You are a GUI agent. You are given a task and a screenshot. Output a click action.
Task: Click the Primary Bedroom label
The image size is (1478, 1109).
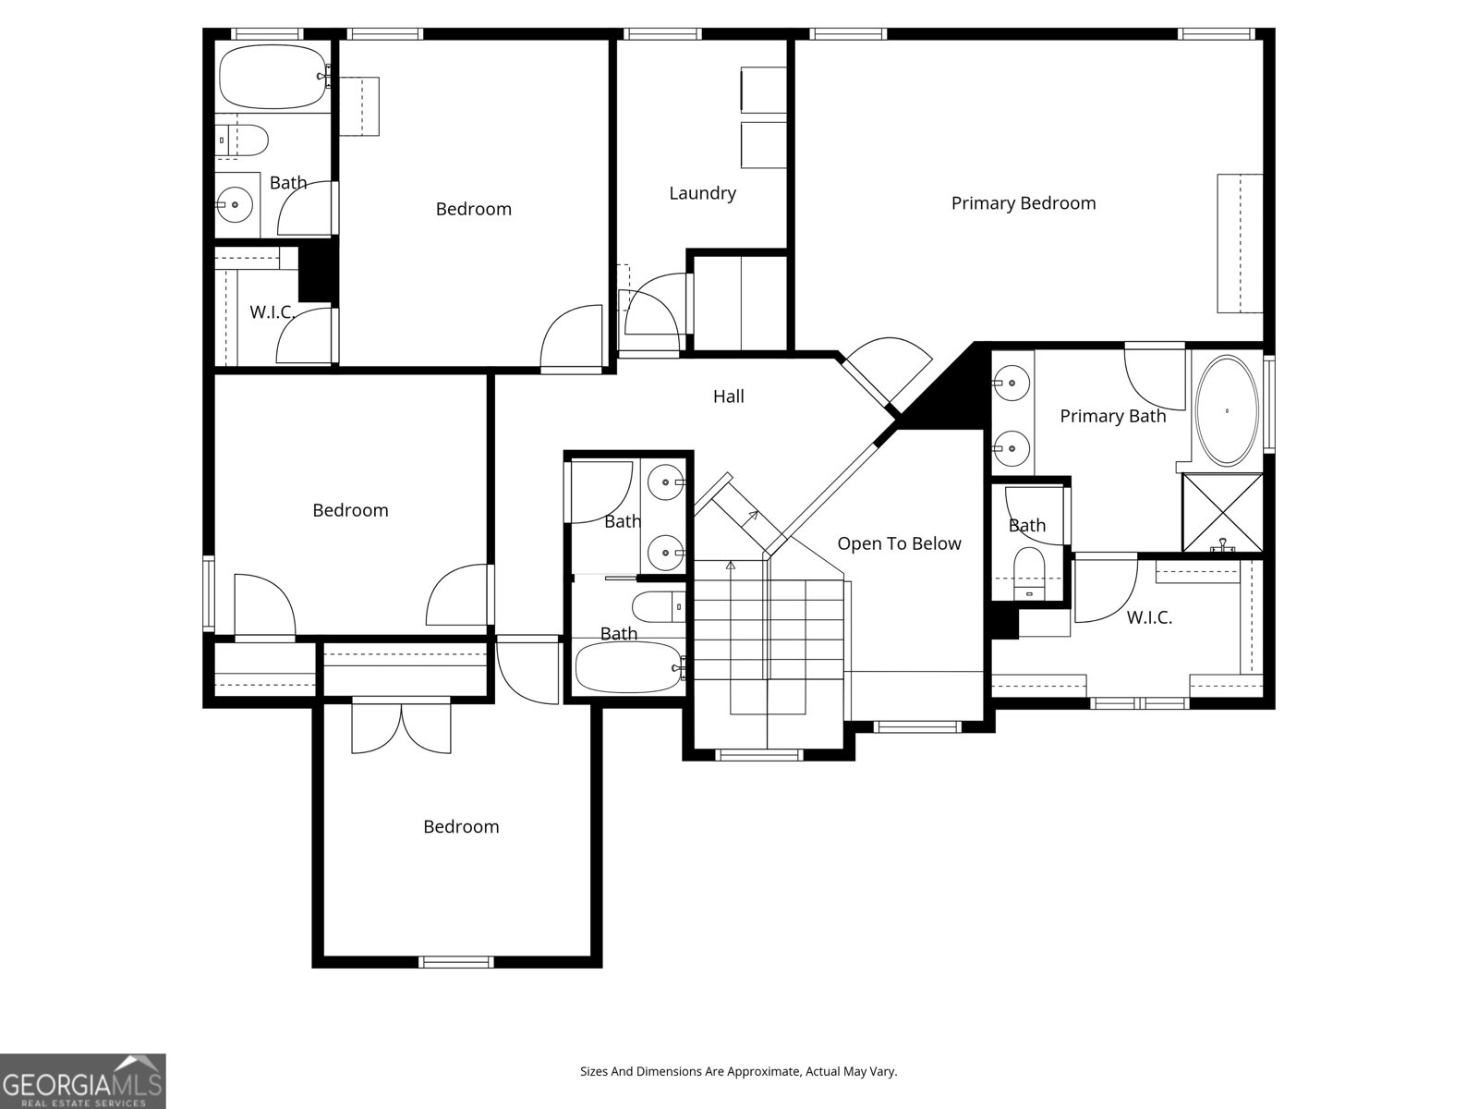click(1024, 203)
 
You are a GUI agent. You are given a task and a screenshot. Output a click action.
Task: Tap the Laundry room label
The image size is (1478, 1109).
click(702, 193)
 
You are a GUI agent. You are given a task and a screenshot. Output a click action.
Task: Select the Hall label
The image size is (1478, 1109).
click(728, 396)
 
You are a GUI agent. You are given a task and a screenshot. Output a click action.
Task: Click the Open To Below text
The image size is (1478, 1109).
click(899, 543)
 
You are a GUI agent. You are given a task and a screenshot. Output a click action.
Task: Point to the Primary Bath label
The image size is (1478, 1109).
click(1112, 416)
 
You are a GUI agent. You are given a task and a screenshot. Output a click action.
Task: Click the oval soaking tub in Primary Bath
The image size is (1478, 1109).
click(1227, 410)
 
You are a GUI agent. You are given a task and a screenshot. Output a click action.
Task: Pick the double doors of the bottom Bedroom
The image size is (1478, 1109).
click(401, 727)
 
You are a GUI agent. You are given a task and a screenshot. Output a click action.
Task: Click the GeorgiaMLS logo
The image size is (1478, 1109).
click(83, 1080)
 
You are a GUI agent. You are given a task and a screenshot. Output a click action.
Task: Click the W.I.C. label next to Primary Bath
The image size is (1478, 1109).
click(1149, 617)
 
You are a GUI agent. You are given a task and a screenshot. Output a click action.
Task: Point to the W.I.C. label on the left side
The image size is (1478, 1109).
click(272, 312)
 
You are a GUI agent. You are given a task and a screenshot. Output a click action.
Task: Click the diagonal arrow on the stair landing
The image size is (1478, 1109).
click(752, 517)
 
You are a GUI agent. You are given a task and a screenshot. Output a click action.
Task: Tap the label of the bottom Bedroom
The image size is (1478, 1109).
click(461, 826)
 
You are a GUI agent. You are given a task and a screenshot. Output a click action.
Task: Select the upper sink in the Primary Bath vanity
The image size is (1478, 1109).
click(1012, 381)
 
